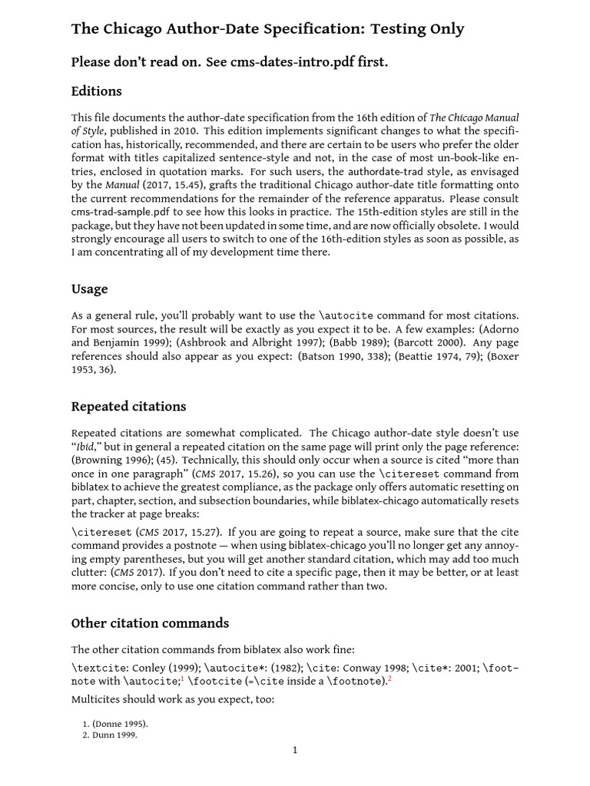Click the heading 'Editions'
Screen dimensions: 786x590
tap(96, 91)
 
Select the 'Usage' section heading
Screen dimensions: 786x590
tap(89, 289)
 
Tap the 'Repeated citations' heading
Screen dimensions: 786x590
tap(128, 406)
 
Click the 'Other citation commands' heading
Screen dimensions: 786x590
tap(150, 623)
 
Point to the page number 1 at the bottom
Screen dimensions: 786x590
tap(294, 750)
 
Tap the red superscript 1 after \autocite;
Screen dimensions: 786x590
tap(181, 678)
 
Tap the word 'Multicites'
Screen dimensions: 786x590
tap(99, 699)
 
